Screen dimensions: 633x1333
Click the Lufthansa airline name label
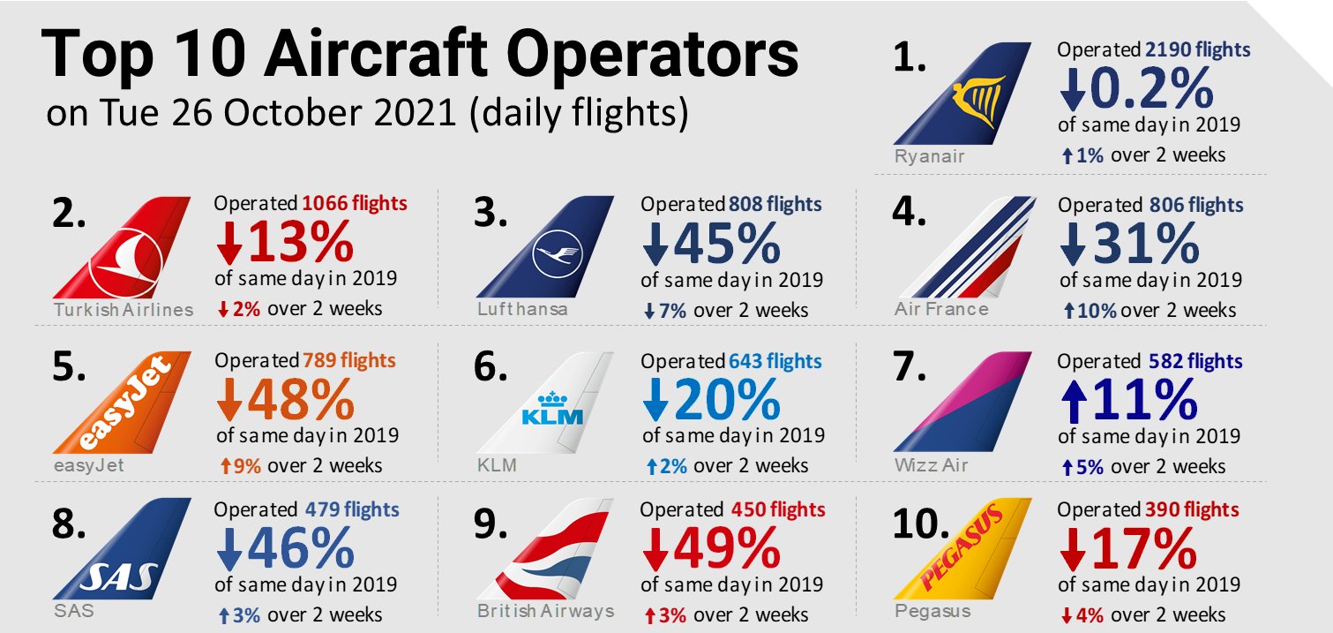[522, 310]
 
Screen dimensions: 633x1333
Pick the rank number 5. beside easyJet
[69, 367]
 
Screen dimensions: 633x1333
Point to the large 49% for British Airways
[725, 550]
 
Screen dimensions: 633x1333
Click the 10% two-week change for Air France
[1096, 310]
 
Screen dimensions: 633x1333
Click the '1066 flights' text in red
[354, 204]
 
